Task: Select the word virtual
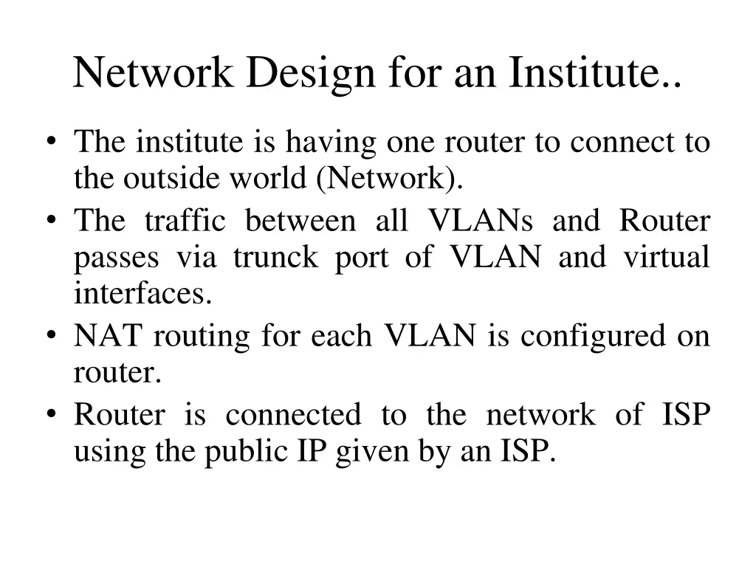click(x=667, y=258)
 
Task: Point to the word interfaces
click(x=142, y=294)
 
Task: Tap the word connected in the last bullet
click(x=293, y=415)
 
